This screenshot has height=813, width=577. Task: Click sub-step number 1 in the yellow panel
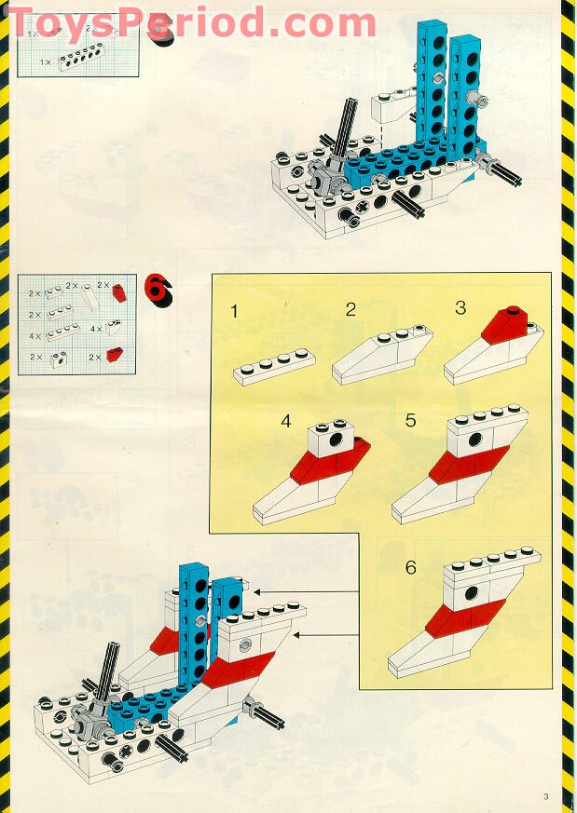[235, 312]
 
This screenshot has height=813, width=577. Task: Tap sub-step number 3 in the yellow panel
[460, 307]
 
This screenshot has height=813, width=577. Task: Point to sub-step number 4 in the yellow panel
[286, 421]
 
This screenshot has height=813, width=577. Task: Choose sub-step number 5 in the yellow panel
[411, 420]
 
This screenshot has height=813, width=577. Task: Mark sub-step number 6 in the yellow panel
[411, 567]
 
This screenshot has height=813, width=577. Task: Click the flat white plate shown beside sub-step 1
[274, 366]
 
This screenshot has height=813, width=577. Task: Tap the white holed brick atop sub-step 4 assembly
[332, 439]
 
